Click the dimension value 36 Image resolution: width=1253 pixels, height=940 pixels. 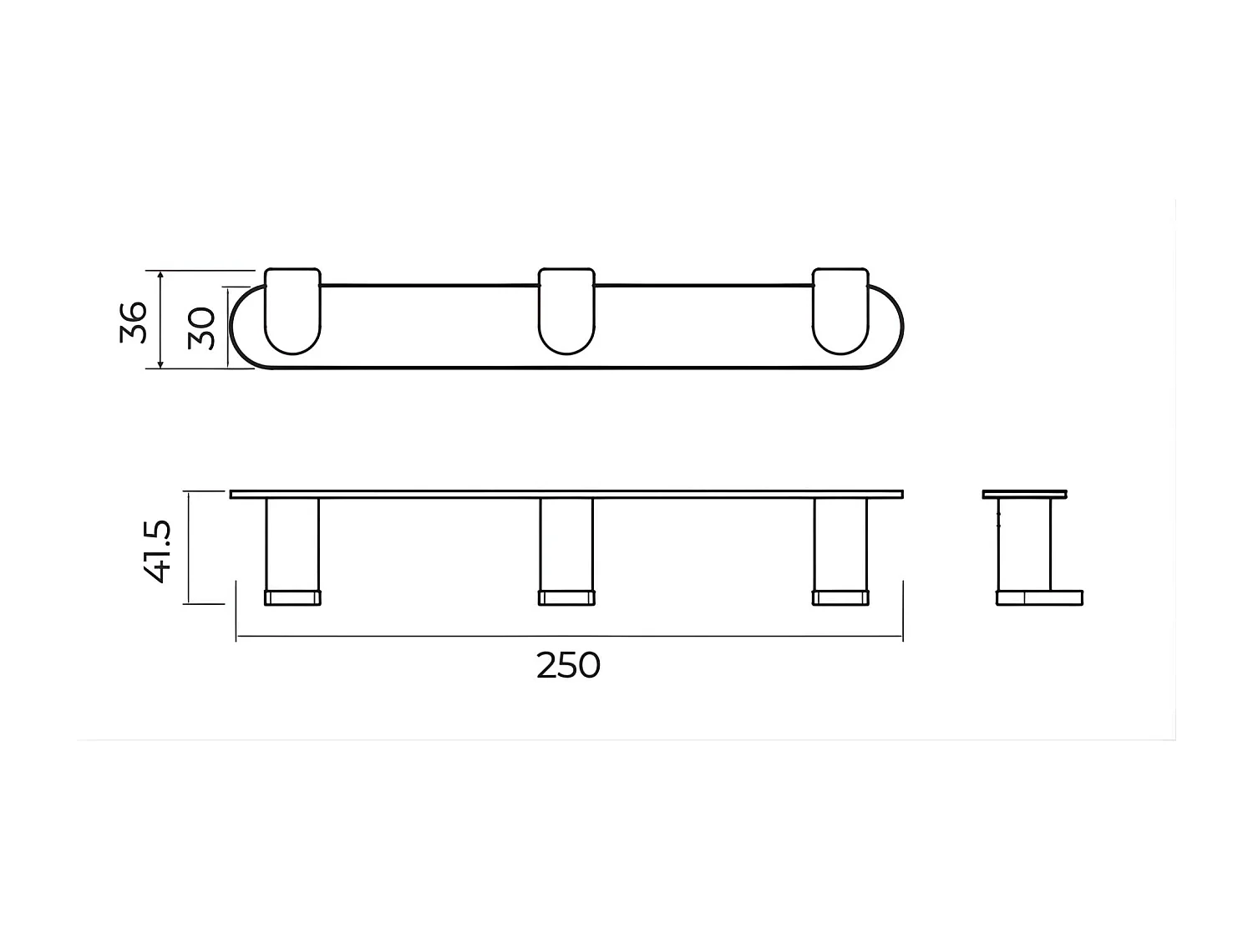pos(134,322)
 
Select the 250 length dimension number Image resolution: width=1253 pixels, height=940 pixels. pos(568,666)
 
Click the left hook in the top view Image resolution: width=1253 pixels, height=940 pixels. pos(292,311)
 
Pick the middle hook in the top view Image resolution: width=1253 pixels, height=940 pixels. pos(566,311)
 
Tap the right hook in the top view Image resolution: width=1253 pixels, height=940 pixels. pos(840,311)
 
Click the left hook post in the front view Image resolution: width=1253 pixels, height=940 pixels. pos(292,544)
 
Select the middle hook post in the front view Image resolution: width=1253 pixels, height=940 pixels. pos(566,544)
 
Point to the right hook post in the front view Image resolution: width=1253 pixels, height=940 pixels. pos(840,544)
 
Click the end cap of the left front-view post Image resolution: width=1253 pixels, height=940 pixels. pos(292,597)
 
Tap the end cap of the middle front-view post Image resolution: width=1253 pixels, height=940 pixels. pos(566,597)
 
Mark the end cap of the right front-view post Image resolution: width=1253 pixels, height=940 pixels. pos(840,597)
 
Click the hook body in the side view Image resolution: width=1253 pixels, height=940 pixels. pos(1025,543)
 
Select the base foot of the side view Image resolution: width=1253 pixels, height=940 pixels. pos(1040,597)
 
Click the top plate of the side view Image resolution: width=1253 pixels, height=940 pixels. pos(1025,494)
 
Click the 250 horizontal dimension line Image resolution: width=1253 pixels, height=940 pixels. pos(418,637)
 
